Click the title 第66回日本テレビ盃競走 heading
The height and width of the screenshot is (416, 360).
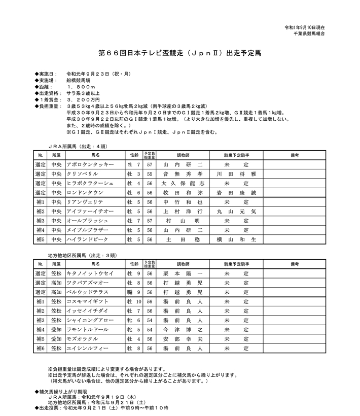(180, 52)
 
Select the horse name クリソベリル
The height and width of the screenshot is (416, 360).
(86, 174)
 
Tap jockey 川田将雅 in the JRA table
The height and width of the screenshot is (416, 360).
(236, 174)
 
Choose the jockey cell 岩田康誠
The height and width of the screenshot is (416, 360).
(236, 193)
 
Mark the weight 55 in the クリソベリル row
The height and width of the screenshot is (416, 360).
(150, 174)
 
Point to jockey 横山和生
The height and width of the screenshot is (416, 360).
(236, 239)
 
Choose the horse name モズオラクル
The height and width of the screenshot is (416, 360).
(86, 339)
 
